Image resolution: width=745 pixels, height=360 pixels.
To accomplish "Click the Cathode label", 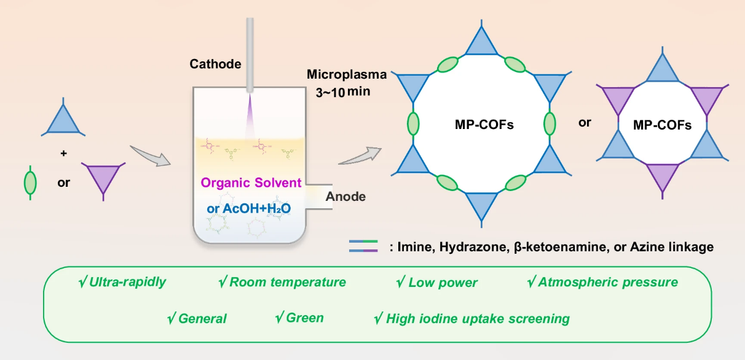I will coord(215,64).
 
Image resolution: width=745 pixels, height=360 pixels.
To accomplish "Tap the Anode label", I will coord(345,197).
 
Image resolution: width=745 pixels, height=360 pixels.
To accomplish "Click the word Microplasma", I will coord(347,75).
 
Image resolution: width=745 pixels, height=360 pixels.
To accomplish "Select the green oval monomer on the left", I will coord(29,182).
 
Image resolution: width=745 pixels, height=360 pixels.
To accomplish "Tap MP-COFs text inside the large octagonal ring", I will coord(481,125).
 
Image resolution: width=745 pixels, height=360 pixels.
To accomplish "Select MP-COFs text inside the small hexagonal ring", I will coord(662,125).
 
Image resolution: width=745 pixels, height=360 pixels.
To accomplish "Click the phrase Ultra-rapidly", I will coord(122,283).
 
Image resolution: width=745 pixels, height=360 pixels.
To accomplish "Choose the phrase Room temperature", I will coord(282,283).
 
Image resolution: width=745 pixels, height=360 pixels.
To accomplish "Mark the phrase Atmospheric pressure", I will coord(602,283).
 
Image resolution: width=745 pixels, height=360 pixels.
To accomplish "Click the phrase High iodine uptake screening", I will coord(471,319).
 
